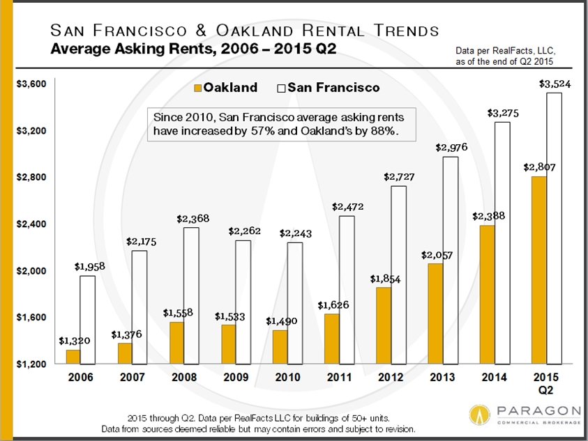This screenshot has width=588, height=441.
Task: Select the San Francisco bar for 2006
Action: (x=87, y=320)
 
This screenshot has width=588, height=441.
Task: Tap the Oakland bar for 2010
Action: (x=280, y=347)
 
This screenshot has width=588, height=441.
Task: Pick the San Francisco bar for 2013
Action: (x=451, y=260)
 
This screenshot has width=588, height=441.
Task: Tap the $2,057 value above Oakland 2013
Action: (x=436, y=255)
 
